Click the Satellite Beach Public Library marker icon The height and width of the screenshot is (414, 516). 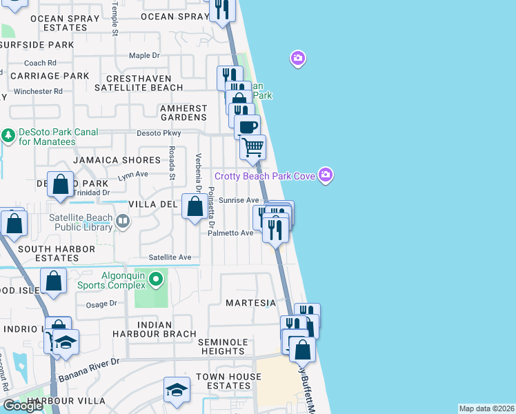(123, 221)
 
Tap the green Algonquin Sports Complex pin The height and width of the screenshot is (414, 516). (156, 279)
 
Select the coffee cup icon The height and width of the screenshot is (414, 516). (247, 126)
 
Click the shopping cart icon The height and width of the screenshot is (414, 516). (252, 146)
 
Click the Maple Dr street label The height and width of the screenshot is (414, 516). (144, 55)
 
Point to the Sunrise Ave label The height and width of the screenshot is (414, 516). (239, 200)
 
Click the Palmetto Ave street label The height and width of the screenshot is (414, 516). (231, 233)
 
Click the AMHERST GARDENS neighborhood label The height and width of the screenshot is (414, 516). (183, 113)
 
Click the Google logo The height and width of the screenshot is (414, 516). (23, 406)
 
